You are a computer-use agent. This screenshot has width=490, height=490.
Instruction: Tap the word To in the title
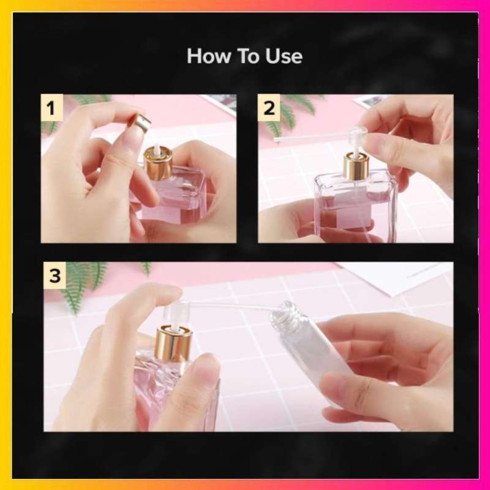247,56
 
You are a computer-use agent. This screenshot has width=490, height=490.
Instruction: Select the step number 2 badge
269,109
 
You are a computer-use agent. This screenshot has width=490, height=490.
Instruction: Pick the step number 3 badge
55,276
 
